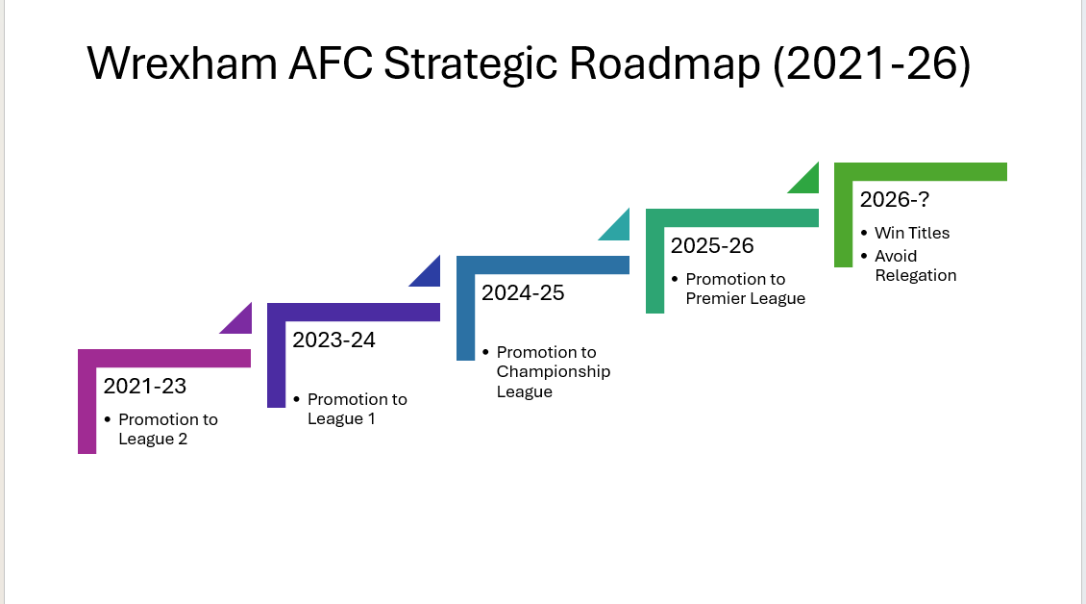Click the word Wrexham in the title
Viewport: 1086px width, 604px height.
coord(183,63)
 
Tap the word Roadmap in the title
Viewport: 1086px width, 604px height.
coord(664,63)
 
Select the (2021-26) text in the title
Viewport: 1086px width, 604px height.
coord(872,64)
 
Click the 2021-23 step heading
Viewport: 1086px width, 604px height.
coord(145,387)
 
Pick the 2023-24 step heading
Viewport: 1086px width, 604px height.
coord(333,340)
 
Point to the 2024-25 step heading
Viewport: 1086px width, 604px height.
coord(523,292)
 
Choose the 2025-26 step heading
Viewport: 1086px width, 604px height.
coord(712,245)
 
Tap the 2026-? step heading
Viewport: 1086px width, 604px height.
coord(894,200)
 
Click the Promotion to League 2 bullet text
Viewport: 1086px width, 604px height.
coord(168,429)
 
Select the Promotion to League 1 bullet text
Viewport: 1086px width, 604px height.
coord(358,409)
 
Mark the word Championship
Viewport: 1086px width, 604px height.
coord(554,372)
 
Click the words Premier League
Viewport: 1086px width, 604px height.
coord(745,298)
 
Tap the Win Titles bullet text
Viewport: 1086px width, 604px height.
coord(912,233)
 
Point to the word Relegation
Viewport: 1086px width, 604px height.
coord(916,275)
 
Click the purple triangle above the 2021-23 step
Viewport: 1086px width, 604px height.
coord(235,318)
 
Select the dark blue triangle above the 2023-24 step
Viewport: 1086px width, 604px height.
coord(425,271)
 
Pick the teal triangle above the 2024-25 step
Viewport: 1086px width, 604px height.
coord(614,225)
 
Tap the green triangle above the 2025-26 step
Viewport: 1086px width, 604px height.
coord(803,178)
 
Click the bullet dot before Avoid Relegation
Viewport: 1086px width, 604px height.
coord(864,256)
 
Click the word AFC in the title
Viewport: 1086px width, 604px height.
coord(331,63)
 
